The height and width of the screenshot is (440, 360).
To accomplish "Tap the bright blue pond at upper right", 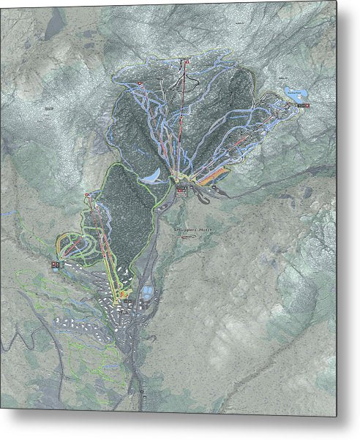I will click(293, 94).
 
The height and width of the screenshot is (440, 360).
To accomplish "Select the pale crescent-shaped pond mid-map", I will click(153, 176).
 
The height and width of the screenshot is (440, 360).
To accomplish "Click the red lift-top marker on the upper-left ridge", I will click(139, 86).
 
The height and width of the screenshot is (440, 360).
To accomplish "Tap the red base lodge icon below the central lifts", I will click(181, 190).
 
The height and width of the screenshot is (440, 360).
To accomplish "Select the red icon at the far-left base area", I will click(55, 263).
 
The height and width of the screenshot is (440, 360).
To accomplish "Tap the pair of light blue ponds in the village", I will click(148, 293).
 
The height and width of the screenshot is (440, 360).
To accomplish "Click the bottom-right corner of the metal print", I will click(336, 415).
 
